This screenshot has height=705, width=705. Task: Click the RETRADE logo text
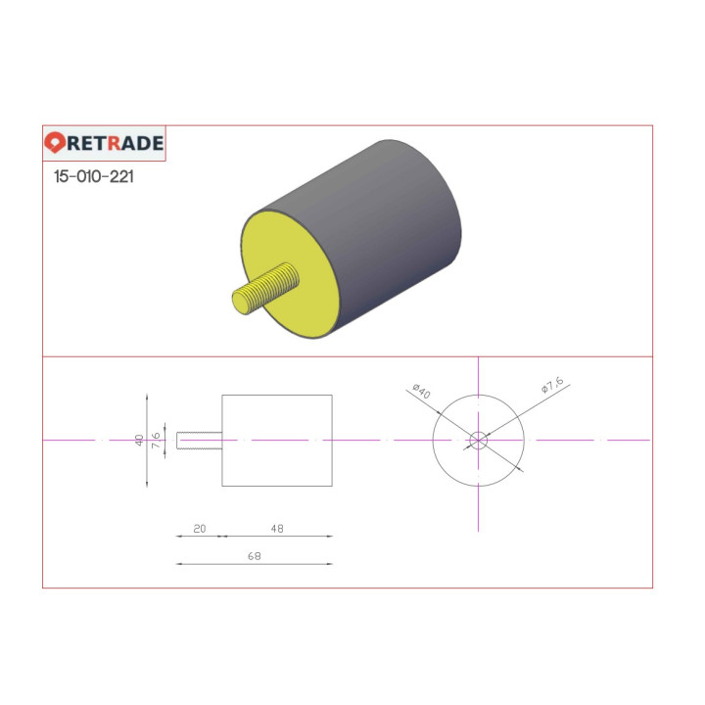(116, 143)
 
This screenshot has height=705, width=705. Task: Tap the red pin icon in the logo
(55, 143)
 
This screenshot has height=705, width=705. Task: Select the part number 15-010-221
(94, 176)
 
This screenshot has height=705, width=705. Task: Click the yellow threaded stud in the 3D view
(265, 289)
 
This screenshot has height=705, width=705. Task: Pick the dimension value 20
(200, 529)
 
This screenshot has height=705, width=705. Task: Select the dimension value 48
(277, 529)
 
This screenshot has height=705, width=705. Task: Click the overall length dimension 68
(255, 556)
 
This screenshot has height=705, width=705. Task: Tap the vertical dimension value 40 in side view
(139, 441)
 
